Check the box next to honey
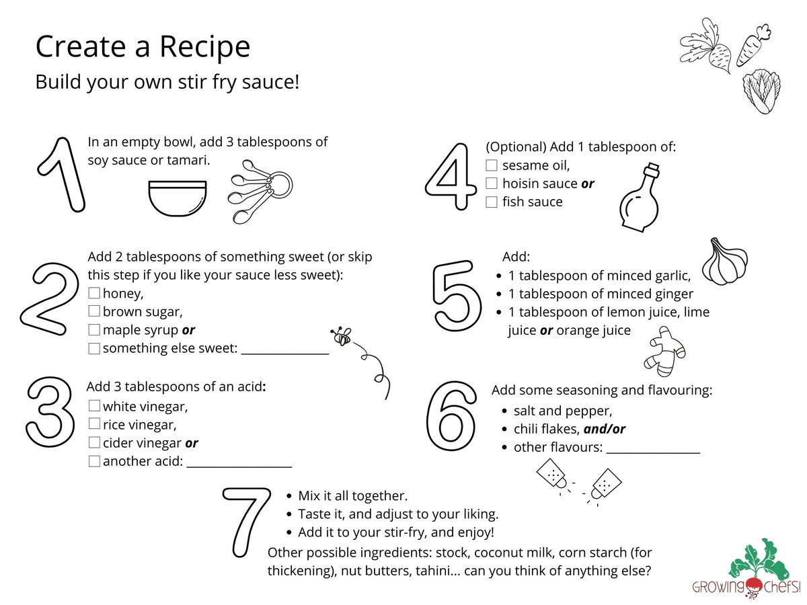click(x=94, y=293)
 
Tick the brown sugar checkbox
click(x=94, y=311)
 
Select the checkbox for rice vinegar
click(x=95, y=424)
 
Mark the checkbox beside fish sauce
click(x=492, y=202)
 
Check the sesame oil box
click(x=492, y=165)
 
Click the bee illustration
click(x=341, y=335)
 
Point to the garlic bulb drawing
click(x=725, y=261)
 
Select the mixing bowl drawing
click(x=178, y=198)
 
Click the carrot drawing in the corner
click(x=753, y=46)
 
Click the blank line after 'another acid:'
click(x=239, y=467)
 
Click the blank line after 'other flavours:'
click(x=653, y=453)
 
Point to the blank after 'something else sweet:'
click(x=285, y=354)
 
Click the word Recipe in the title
click(x=204, y=47)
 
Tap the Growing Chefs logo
click(x=746, y=569)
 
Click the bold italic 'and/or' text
click(x=605, y=429)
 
